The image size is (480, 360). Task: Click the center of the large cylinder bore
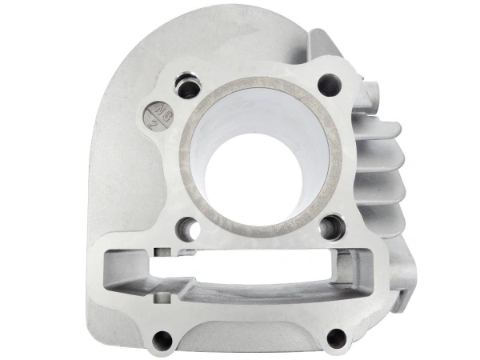[x=262, y=152]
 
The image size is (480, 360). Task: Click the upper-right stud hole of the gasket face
[x=329, y=83]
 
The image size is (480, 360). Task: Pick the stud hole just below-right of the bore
[x=331, y=226]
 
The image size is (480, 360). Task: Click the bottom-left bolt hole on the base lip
[x=163, y=339]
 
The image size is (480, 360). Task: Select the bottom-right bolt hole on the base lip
[x=337, y=338]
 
